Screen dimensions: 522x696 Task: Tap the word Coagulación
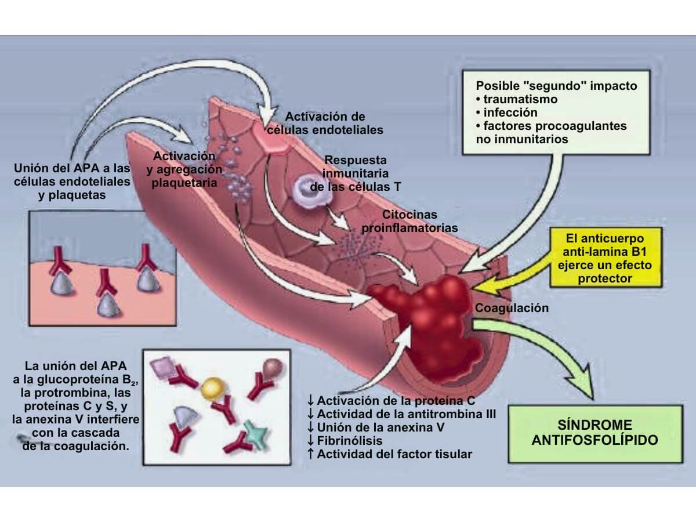[x=512, y=308]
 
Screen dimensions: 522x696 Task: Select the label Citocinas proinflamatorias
[x=409, y=222]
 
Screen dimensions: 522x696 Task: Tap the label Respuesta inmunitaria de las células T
[x=356, y=173]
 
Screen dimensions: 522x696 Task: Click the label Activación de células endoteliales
[x=333, y=124]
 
